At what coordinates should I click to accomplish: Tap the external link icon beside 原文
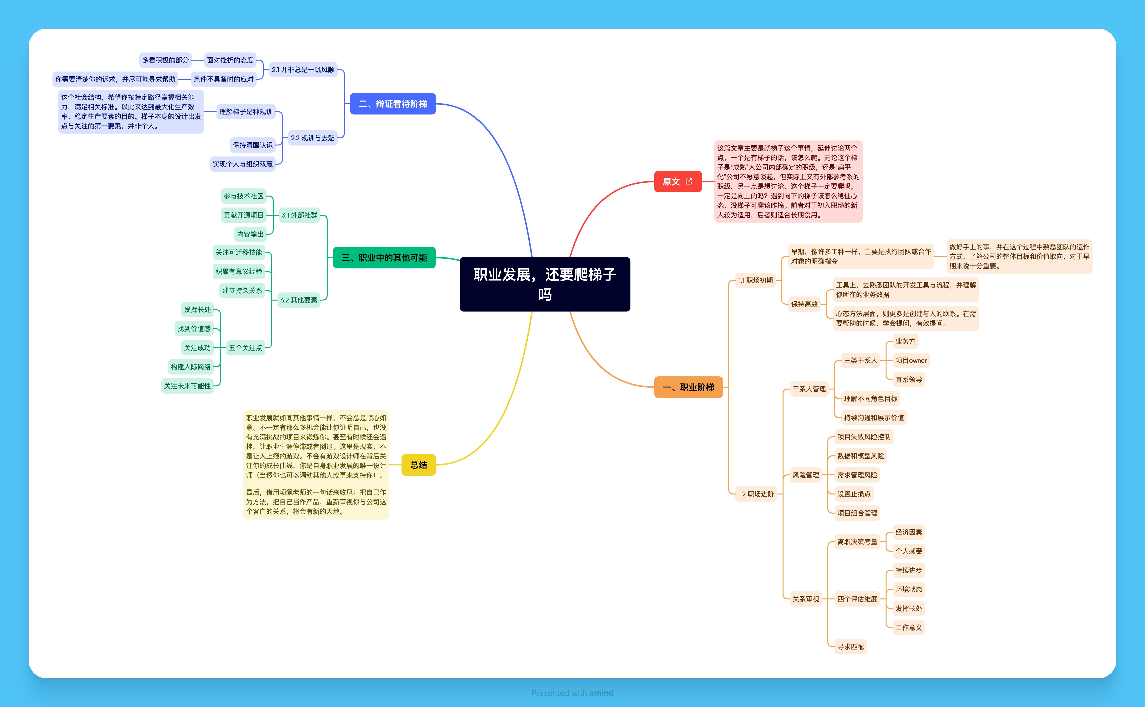tap(689, 182)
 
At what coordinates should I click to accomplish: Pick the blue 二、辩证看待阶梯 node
tap(392, 104)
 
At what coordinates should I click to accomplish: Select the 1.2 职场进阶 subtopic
tap(756, 494)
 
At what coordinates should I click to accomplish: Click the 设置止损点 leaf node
tap(853, 494)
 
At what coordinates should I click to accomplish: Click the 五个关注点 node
tap(245, 348)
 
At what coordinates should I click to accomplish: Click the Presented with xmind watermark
tap(572, 693)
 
